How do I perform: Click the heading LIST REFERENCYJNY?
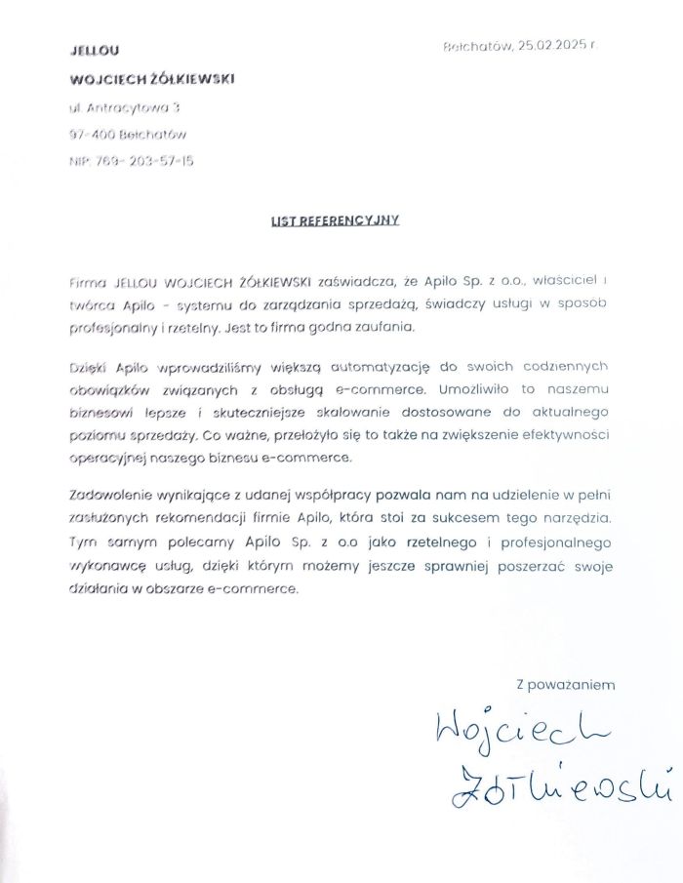(x=335, y=221)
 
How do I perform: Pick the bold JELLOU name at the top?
(x=95, y=50)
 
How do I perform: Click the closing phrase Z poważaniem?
(x=566, y=685)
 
